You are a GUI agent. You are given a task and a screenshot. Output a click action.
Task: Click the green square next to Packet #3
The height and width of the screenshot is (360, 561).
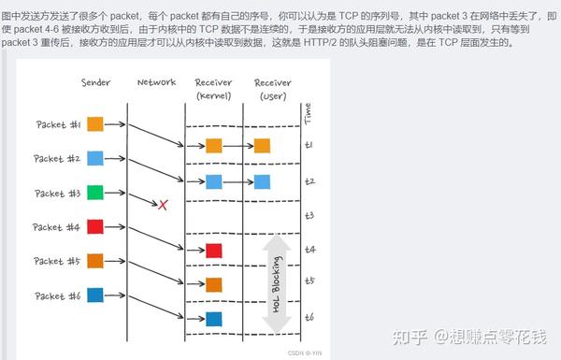(x=95, y=193)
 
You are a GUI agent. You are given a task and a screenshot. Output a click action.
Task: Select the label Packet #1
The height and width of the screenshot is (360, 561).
(x=58, y=124)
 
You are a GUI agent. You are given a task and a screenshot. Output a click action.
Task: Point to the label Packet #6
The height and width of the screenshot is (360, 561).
(x=58, y=295)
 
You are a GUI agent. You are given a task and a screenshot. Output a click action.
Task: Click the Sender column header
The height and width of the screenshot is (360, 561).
(x=95, y=83)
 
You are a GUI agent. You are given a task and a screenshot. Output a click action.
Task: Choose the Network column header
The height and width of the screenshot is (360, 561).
(x=156, y=82)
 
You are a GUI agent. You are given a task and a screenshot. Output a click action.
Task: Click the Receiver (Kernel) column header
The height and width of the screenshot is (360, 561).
(x=214, y=89)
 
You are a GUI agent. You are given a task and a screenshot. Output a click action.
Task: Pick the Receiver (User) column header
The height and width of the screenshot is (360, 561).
(x=272, y=89)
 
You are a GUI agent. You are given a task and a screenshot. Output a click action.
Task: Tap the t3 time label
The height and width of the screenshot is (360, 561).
(x=309, y=215)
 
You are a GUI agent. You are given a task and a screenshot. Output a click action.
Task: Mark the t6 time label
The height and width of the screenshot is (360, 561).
(x=309, y=318)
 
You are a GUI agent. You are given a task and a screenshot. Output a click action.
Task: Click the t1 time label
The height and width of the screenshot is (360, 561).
(x=309, y=145)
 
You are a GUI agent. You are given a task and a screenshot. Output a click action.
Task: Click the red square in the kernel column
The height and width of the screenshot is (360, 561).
(x=214, y=250)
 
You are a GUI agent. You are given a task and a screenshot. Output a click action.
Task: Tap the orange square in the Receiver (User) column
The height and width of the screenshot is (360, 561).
(x=262, y=145)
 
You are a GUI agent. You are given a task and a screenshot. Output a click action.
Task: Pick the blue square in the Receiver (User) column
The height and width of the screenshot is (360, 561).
(x=262, y=180)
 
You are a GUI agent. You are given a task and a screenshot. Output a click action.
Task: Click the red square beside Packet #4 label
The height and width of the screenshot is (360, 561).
(x=95, y=226)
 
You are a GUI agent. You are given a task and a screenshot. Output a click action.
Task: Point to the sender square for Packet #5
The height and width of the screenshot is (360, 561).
(x=95, y=261)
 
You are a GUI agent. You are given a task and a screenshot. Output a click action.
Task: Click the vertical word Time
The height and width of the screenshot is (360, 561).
(x=309, y=114)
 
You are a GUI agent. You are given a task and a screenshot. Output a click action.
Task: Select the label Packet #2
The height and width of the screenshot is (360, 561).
(x=58, y=159)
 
